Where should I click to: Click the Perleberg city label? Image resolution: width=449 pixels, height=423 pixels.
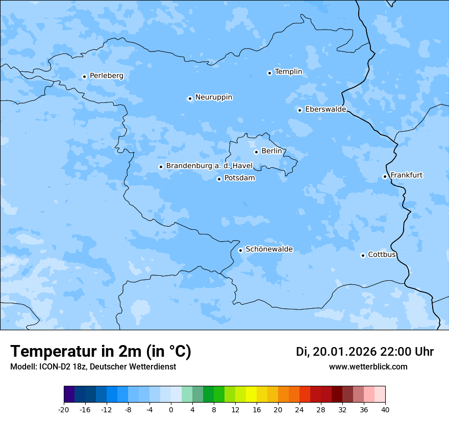pyautogui.click(x=106, y=76)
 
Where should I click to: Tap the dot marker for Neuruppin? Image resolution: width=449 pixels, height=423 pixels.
pyautogui.click(x=190, y=98)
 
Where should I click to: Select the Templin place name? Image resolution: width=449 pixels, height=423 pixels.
pyautogui.click(x=288, y=72)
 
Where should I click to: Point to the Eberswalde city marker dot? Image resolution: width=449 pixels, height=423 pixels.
pyautogui.click(x=300, y=110)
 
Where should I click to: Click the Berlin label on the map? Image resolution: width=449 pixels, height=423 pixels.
pyautogui.click(x=271, y=151)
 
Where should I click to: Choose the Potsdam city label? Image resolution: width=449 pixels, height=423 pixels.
pyautogui.click(x=239, y=178)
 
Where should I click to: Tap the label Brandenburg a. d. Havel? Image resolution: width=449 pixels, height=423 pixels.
pyautogui.click(x=209, y=166)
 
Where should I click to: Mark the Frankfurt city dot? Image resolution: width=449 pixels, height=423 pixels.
pyautogui.click(x=385, y=176)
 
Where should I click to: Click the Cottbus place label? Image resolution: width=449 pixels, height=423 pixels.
pyautogui.click(x=382, y=254)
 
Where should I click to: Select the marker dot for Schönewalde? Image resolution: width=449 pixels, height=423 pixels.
pyautogui.click(x=240, y=250)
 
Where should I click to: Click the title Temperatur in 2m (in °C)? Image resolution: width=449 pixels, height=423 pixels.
pyautogui.click(x=101, y=352)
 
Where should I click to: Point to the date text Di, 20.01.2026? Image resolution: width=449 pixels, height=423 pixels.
pyautogui.click(x=336, y=352)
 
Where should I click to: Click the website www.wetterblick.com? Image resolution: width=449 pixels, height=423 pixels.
pyautogui.click(x=368, y=367)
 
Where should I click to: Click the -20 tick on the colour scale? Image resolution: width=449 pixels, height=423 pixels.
pyautogui.click(x=64, y=410)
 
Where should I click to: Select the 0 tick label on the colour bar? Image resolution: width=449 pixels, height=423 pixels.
pyautogui.click(x=171, y=410)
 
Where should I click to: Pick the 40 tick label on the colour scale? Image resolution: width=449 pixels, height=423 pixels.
pyautogui.click(x=385, y=410)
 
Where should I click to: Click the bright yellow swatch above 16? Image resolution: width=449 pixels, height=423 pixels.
pyautogui.click(x=251, y=394)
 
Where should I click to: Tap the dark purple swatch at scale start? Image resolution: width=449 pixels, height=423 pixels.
pyautogui.click(x=69, y=394)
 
